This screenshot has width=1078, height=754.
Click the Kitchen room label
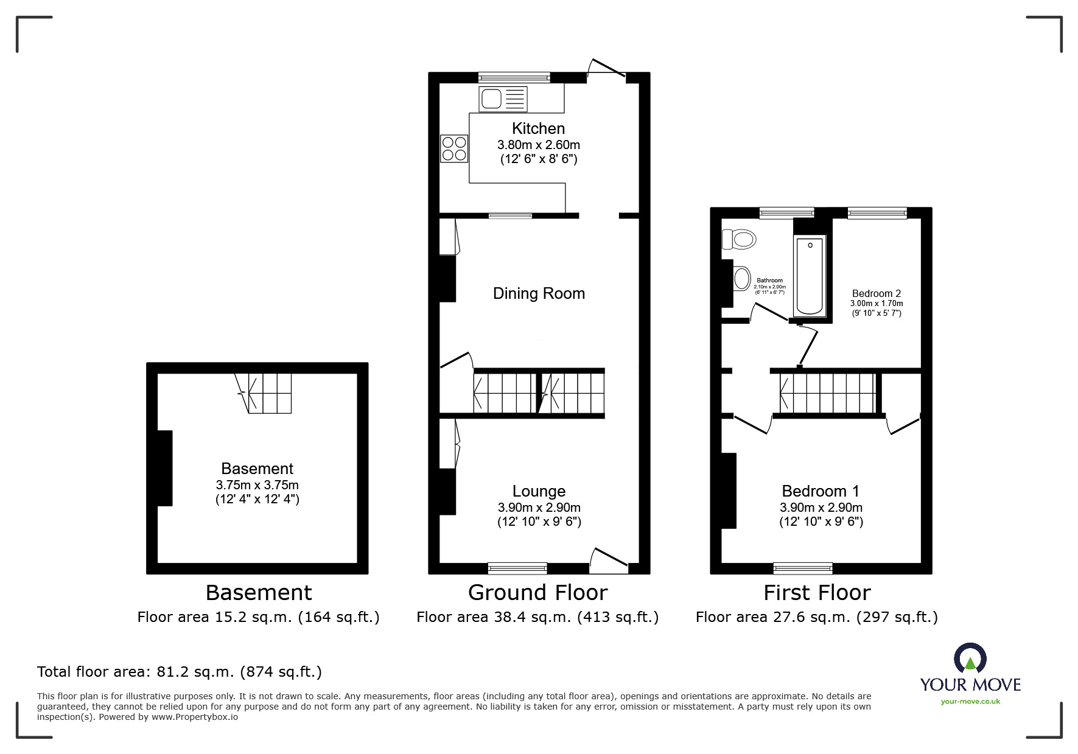click(538, 128)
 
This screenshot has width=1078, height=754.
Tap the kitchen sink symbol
click(503, 99)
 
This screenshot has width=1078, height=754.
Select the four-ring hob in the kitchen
click(454, 148)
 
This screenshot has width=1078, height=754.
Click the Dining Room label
click(539, 293)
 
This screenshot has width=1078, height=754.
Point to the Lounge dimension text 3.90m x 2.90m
click(539, 508)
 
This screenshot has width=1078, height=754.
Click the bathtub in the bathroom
click(810, 276)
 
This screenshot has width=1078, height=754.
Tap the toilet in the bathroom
click(739, 239)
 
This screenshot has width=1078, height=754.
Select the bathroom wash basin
click(741, 279)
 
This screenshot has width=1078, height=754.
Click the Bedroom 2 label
click(876, 293)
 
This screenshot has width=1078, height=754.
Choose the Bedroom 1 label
click(821, 491)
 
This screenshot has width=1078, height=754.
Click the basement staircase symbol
click(264, 393)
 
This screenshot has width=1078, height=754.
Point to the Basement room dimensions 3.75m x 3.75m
click(257, 485)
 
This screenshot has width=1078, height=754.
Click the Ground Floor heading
click(537, 592)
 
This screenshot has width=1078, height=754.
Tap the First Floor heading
click(817, 592)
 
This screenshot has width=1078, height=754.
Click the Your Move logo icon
click(970, 658)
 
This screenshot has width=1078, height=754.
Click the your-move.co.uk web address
click(970, 702)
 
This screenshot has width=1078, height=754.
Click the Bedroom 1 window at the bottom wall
click(802, 568)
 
